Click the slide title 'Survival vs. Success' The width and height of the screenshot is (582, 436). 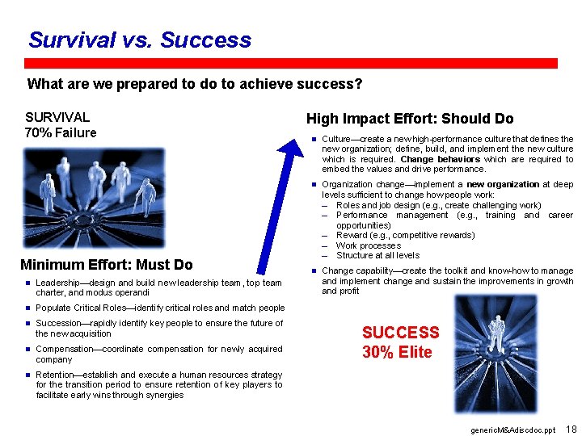coord(139,40)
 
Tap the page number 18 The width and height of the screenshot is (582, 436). coord(571,428)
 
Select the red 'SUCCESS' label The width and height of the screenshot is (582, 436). coord(400,333)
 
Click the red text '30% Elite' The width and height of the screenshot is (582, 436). coord(397,352)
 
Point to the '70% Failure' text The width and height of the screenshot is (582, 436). coord(61,133)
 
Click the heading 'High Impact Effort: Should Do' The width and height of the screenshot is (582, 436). coord(409,119)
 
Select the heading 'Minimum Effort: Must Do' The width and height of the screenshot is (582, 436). coord(107,265)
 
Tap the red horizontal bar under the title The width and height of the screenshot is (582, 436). coord(291,63)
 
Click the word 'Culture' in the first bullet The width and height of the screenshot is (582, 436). coord(338,139)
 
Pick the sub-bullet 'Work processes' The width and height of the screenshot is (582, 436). coord(368,245)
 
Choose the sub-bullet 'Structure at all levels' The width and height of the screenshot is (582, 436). coord(377,255)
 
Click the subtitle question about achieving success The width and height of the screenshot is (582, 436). coord(195,84)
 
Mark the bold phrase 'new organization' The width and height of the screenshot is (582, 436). coord(502,184)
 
